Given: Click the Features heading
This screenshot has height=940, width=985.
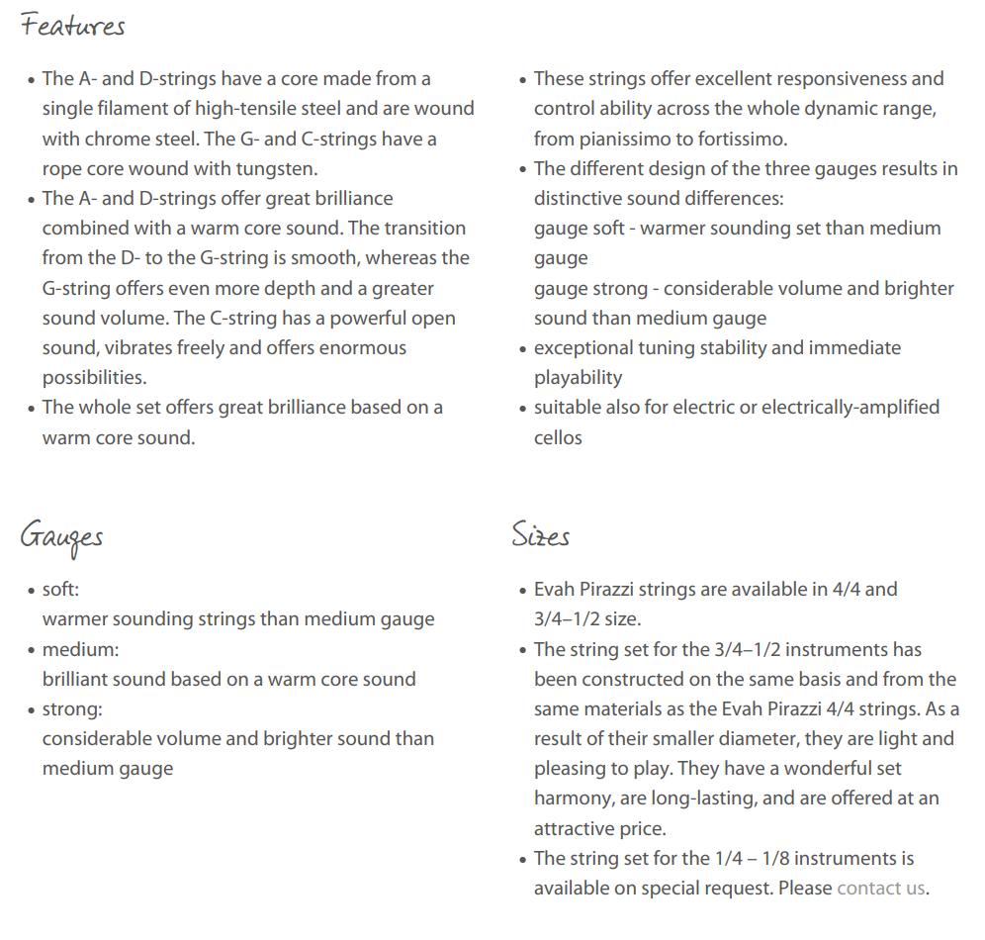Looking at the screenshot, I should (73, 26).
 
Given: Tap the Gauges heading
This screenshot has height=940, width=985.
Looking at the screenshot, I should (61, 537).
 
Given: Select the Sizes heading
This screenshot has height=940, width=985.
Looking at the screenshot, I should (541, 535).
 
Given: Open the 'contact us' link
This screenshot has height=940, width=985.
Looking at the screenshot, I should (880, 888).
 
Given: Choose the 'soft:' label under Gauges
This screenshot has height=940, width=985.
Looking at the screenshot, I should (60, 590).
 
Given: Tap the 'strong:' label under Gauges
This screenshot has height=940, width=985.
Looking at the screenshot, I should (72, 709).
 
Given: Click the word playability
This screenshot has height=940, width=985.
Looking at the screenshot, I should (579, 378).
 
